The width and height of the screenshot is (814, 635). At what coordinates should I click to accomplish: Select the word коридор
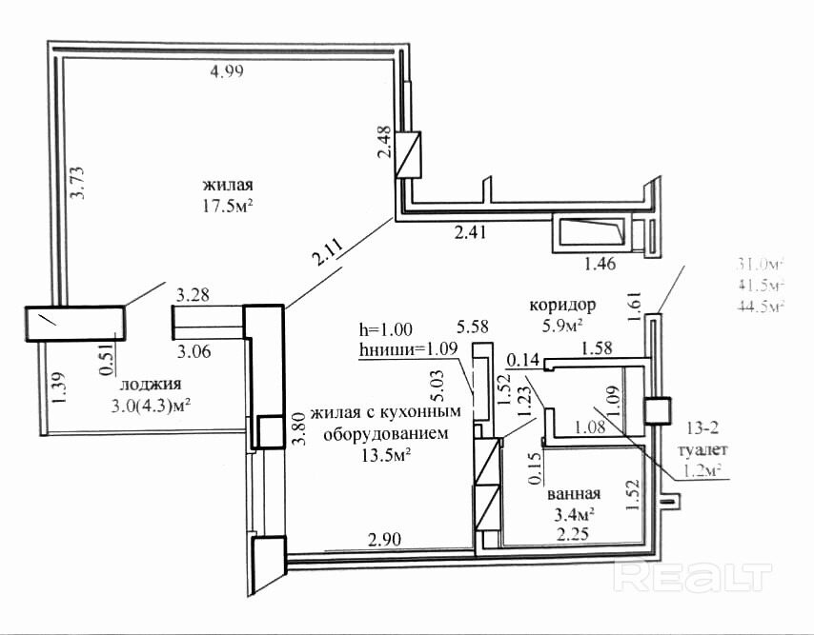[562, 306]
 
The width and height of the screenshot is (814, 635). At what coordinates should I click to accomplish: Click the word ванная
[573, 494]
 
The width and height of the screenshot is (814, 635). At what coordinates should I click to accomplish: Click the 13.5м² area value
[386, 454]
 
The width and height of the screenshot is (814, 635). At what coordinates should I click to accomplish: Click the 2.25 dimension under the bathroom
[573, 533]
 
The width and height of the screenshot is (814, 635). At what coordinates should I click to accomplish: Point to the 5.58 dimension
[473, 326]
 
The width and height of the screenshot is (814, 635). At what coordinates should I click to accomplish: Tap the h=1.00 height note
[385, 329]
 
